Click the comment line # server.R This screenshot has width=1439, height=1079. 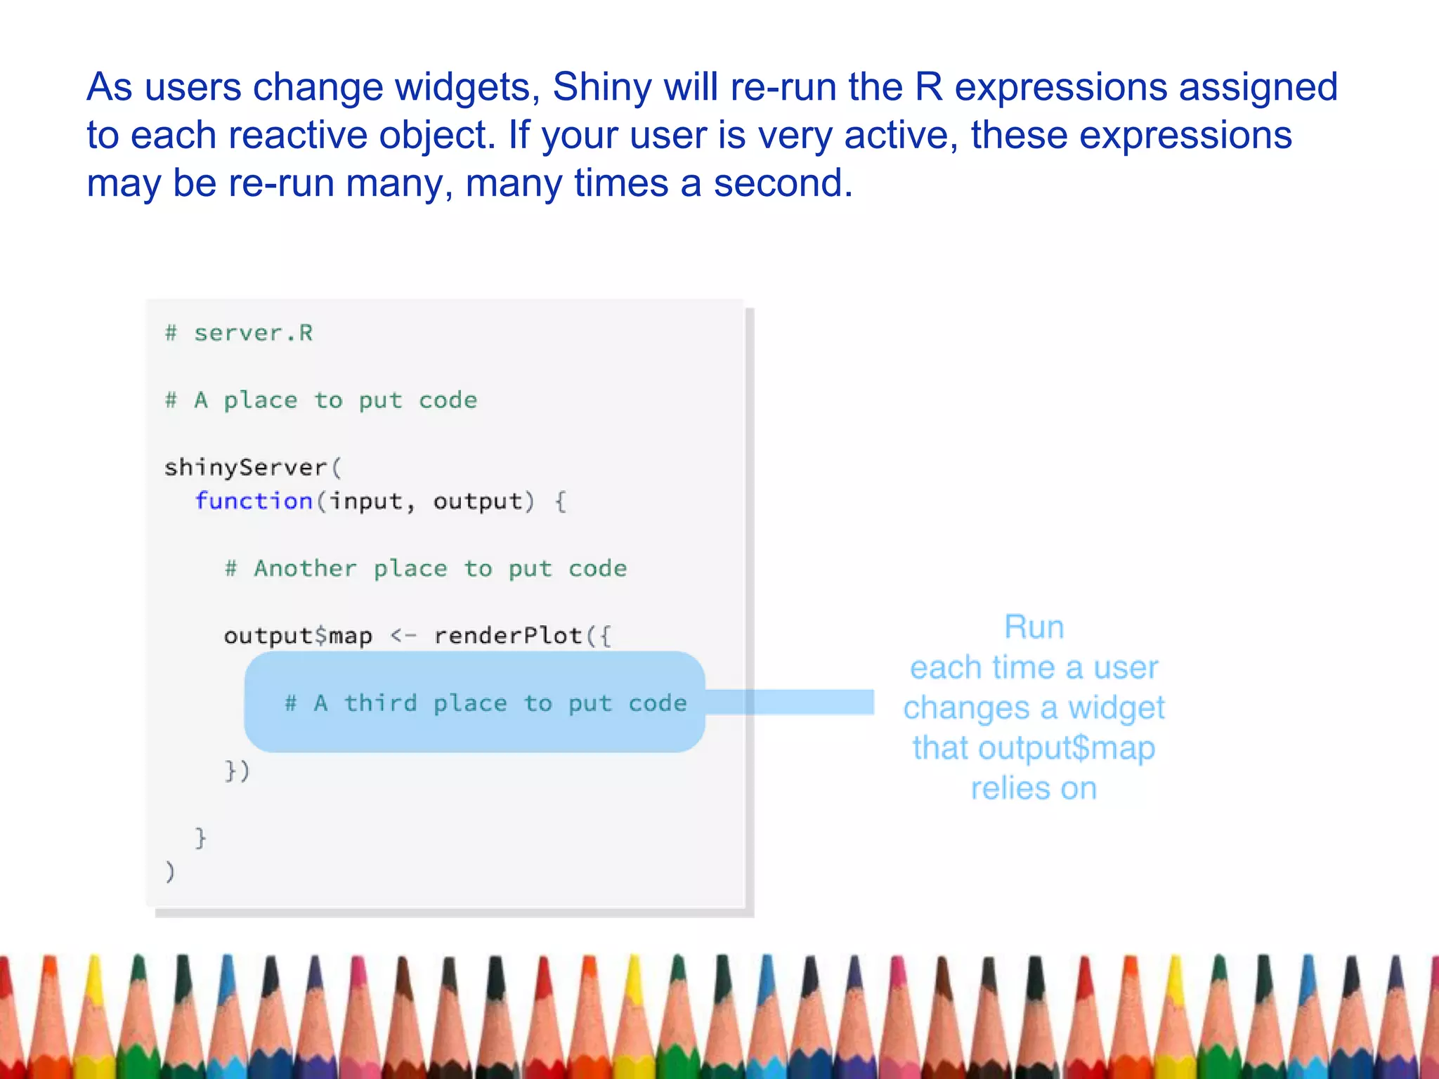(x=239, y=333)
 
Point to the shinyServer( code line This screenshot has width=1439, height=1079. (x=252, y=468)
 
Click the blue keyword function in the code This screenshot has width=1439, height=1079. (x=254, y=502)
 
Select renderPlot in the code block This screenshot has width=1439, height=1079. (x=507, y=636)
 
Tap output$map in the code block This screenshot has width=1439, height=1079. (x=298, y=636)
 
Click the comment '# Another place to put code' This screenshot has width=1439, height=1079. (x=426, y=569)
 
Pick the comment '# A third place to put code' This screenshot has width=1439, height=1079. (x=486, y=703)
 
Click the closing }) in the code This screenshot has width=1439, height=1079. (x=237, y=771)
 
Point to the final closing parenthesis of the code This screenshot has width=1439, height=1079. (x=169, y=872)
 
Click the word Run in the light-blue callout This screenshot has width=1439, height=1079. (x=1034, y=627)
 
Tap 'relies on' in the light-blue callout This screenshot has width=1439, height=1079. (x=1034, y=789)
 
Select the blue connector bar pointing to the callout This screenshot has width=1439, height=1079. (x=790, y=702)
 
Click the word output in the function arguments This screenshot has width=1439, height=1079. (x=478, y=502)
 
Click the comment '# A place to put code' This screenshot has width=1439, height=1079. (x=321, y=400)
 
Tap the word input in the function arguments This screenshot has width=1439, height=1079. (x=366, y=502)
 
